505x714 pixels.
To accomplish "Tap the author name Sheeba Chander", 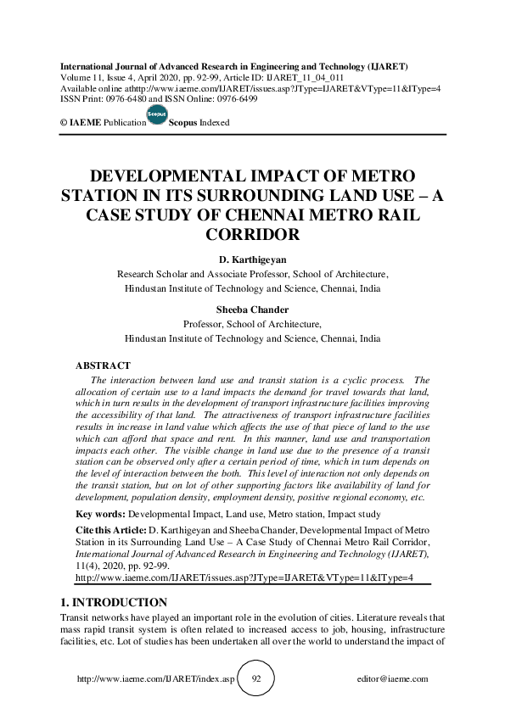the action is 252,310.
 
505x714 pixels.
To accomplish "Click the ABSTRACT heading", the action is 104,365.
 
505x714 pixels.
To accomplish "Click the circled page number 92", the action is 256,679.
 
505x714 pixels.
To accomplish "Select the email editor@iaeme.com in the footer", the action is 394,679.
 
